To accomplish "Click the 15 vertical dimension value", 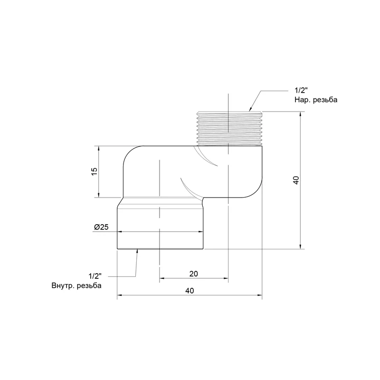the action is click(x=95, y=171).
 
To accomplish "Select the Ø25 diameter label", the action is click(x=101, y=227).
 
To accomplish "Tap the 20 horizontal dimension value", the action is click(x=194, y=274).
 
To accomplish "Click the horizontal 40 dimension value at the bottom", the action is click(x=190, y=291).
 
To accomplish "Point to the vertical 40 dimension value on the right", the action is click(x=296, y=180).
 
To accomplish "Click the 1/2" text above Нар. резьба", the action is click(x=301, y=90).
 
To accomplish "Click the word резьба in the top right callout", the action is click(x=325, y=100).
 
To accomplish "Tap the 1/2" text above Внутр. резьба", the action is click(x=95, y=276).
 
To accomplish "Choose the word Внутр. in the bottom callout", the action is click(x=63, y=285).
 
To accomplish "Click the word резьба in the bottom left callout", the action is click(x=89, y=285).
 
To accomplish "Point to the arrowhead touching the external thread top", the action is click(x=251, y=109).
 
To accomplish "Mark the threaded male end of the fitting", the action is click(x=229, y=128).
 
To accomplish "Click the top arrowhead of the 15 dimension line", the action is click(x=98, y=149).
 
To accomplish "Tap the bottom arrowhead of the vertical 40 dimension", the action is click(x=301, y=246).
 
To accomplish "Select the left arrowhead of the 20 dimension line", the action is click(x=162, y=278).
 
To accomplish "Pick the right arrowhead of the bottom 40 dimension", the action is click(x=259, y=295).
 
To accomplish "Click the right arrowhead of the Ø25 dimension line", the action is click(x=200, y=232).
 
